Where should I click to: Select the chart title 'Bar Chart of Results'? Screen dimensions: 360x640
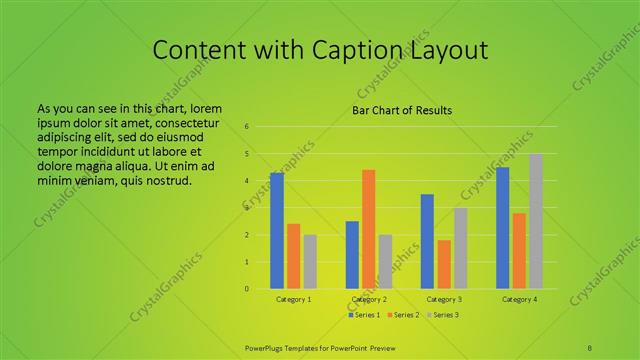(x=402, y=110)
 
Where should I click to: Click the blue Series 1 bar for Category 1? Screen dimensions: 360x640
(x=277, y=231)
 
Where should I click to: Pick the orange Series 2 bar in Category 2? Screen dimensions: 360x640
(x=368, y=229)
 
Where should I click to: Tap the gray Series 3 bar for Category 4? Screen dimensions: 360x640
(x=536, y=221)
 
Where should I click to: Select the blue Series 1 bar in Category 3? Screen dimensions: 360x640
(x=427, y=241)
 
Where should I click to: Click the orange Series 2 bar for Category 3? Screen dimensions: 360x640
(x=444, y=264)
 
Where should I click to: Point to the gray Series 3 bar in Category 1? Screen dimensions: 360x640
(x=310, y=261)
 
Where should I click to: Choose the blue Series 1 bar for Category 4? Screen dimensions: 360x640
(x=502, y=228)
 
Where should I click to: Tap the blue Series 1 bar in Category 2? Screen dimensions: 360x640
(x=352, y=255)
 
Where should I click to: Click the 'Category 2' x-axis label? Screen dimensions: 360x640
(x=369, y=299)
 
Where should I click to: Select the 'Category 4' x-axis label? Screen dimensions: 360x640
(x=519, y=299)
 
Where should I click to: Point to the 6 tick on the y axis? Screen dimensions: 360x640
(x=246, y=127)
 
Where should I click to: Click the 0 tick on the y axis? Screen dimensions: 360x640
(x=246, y=289)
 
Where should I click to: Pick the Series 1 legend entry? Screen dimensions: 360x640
(x=363, y=315)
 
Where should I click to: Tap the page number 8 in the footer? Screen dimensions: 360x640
(x=590, y=347)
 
